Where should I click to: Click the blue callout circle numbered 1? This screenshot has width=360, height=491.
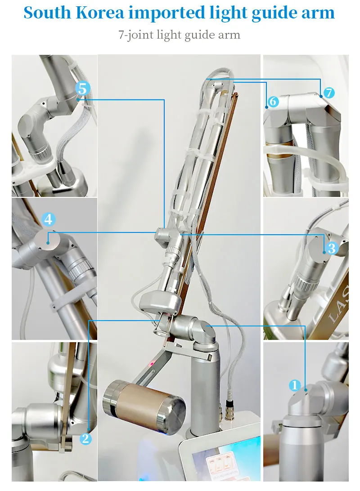tap(295, 385)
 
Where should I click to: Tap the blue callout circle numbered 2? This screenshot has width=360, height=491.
tap(85, 438)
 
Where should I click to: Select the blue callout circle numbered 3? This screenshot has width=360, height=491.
tap(332, 248)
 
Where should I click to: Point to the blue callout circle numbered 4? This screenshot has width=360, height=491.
tap(49, 219)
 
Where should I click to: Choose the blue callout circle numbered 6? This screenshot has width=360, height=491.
tap(273, 102)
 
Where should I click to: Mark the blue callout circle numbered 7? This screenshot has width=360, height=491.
tap(329, 93)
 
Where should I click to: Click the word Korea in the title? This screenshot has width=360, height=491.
tap(98, 13)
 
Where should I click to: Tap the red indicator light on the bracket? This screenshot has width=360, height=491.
tap(152, 363)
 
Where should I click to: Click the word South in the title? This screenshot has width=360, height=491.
tap(46, 13)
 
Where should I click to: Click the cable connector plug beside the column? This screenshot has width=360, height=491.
tap(224, 407)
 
